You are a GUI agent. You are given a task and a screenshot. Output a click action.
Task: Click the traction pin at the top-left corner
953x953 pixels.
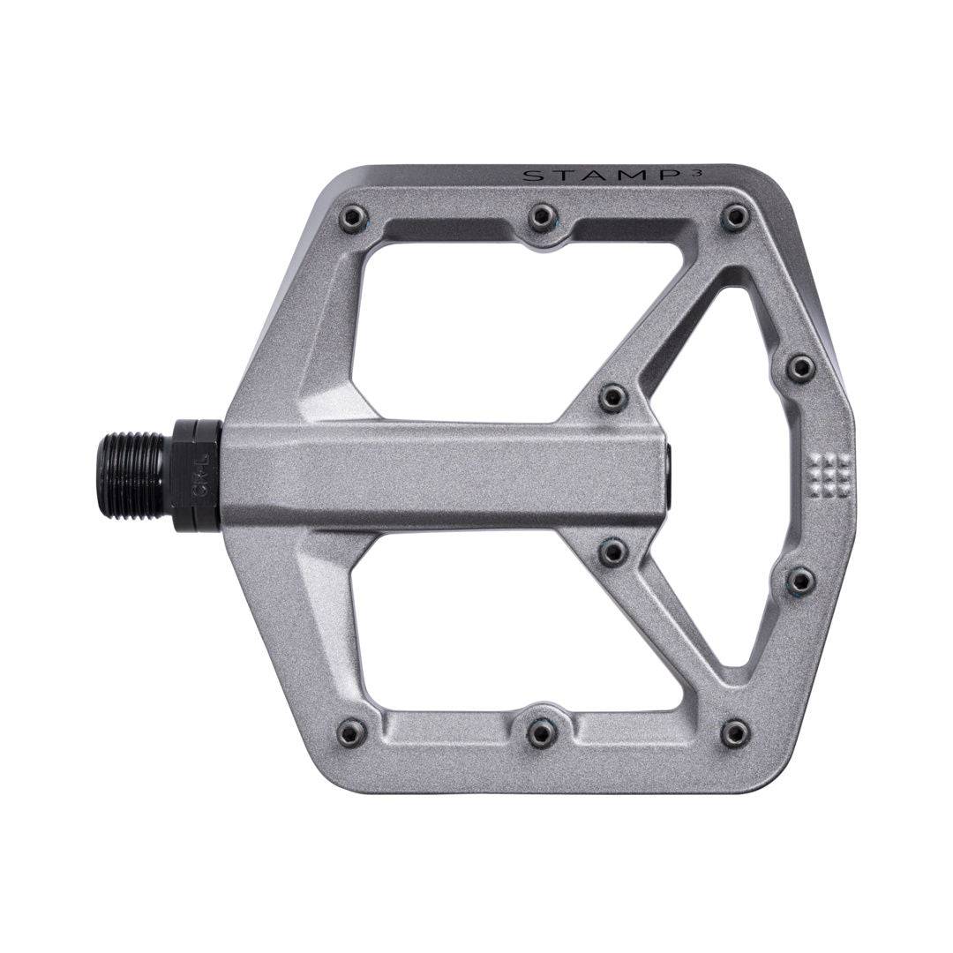point(353,215)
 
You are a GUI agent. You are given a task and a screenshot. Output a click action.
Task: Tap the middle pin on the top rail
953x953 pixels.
point(543,216)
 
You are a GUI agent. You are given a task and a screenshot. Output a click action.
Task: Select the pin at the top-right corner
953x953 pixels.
point(734,216)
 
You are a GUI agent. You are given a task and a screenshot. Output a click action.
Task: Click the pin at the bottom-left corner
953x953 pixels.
point(352,732)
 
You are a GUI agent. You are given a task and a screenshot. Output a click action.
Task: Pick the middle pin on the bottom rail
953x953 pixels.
point(542,732)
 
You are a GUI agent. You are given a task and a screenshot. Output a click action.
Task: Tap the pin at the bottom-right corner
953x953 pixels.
point(734,732)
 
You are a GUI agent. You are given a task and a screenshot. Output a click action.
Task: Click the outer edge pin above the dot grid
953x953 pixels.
point(799,367)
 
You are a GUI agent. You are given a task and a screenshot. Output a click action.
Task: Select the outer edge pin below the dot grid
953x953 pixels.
point(800,581)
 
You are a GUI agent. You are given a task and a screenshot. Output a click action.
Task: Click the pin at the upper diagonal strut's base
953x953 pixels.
point(612,396)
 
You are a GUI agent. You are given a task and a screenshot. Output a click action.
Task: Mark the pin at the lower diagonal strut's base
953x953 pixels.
point(612,552)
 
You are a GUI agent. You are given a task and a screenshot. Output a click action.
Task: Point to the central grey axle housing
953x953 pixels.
point(441,475)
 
